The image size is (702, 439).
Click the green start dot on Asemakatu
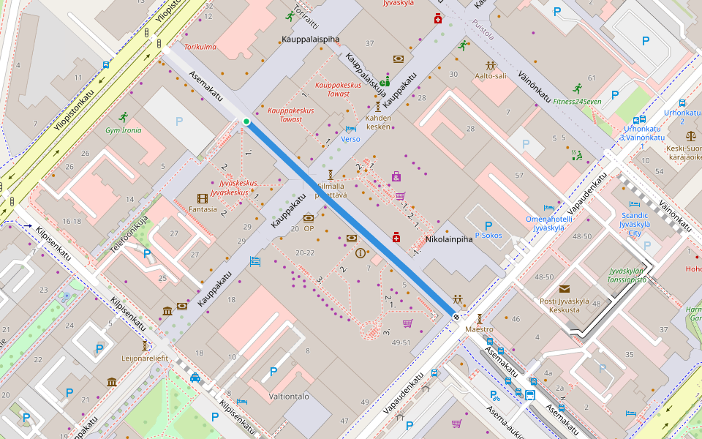point(246,121)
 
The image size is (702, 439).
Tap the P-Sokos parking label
point(488,236)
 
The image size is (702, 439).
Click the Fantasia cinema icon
point(203,198)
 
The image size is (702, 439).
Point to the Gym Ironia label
point(124,130)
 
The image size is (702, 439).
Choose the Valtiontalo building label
point(289,396)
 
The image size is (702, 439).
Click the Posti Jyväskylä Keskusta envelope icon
point(565,289)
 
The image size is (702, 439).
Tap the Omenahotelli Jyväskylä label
point(548,223)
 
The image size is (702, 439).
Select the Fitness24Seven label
point(577,101)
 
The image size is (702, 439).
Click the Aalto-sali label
point(490,75)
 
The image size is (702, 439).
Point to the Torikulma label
point(200,47)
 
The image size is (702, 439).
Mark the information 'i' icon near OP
point(360,253)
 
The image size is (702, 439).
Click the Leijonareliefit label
point(145,359)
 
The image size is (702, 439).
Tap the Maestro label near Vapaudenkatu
point(480,329)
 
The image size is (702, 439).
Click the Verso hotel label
point(350,139)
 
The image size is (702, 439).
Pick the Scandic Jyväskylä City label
point(635,219)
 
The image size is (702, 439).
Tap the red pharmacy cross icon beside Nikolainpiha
point(396,237)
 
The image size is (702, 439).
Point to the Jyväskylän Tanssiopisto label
point(627,275)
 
